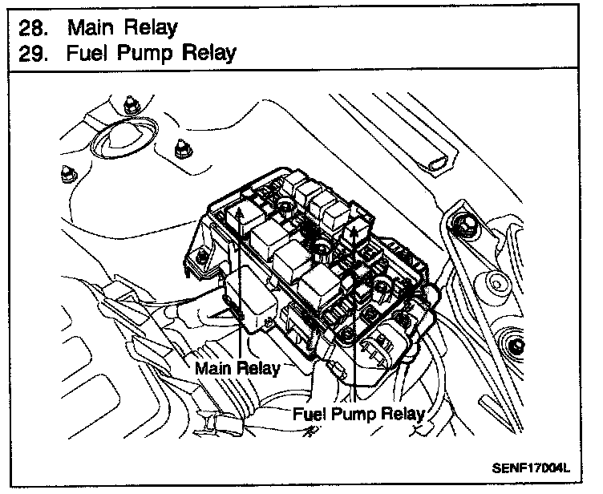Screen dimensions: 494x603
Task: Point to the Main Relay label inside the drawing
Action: pyautogui.click(x=238, y=368)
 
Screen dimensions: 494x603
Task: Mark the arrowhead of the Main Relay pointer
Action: pyautogui.click(x=241, y=210)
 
